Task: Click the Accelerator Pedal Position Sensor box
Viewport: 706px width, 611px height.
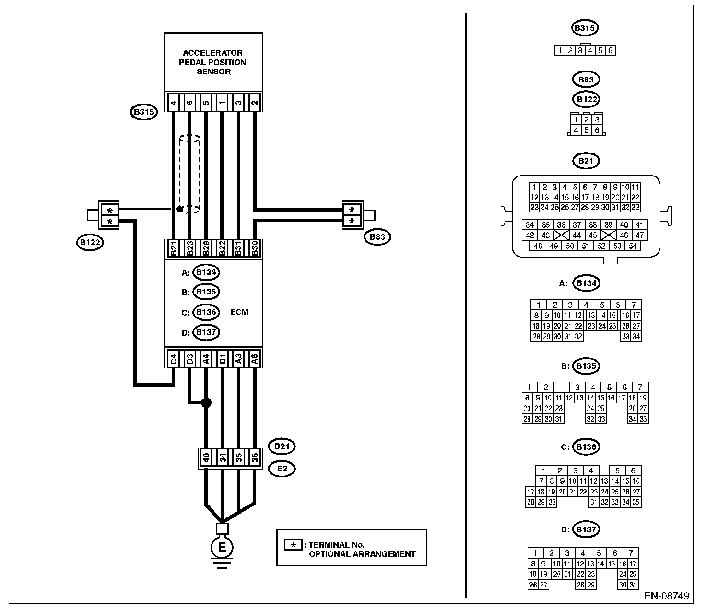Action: pos(213,62)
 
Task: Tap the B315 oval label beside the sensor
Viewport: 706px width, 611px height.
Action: pos(144,112)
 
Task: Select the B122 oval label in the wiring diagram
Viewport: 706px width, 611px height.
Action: pos(90,242)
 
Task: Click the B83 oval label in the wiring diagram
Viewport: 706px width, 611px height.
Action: pos(377,237)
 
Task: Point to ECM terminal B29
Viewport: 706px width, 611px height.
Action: pos(206,248)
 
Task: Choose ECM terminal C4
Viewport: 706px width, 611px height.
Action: pos(174,359)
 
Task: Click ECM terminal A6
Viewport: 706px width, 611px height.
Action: pos(255,359)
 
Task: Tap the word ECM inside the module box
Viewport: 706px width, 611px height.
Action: pos(239,312)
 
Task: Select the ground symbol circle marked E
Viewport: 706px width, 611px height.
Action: pos(222,548)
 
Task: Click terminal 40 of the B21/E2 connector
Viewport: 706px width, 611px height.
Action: pos(206,458)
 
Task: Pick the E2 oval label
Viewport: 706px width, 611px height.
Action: pos(282,469)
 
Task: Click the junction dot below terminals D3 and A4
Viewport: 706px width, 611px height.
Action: pos(206,403)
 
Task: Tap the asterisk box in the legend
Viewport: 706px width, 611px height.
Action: pos(293,545)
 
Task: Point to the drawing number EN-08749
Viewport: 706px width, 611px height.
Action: pos(667,596)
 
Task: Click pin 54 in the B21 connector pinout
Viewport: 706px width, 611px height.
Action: pos(633,246)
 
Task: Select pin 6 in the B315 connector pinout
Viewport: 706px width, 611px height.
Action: pos(611,50)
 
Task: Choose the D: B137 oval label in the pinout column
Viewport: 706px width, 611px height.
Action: pos(586,529)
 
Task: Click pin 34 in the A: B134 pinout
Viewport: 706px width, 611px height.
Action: pos(636,336)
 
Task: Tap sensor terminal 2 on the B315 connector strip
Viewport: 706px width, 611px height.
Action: pos(255,102)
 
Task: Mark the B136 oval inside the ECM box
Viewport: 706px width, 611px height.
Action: pos(206,312)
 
